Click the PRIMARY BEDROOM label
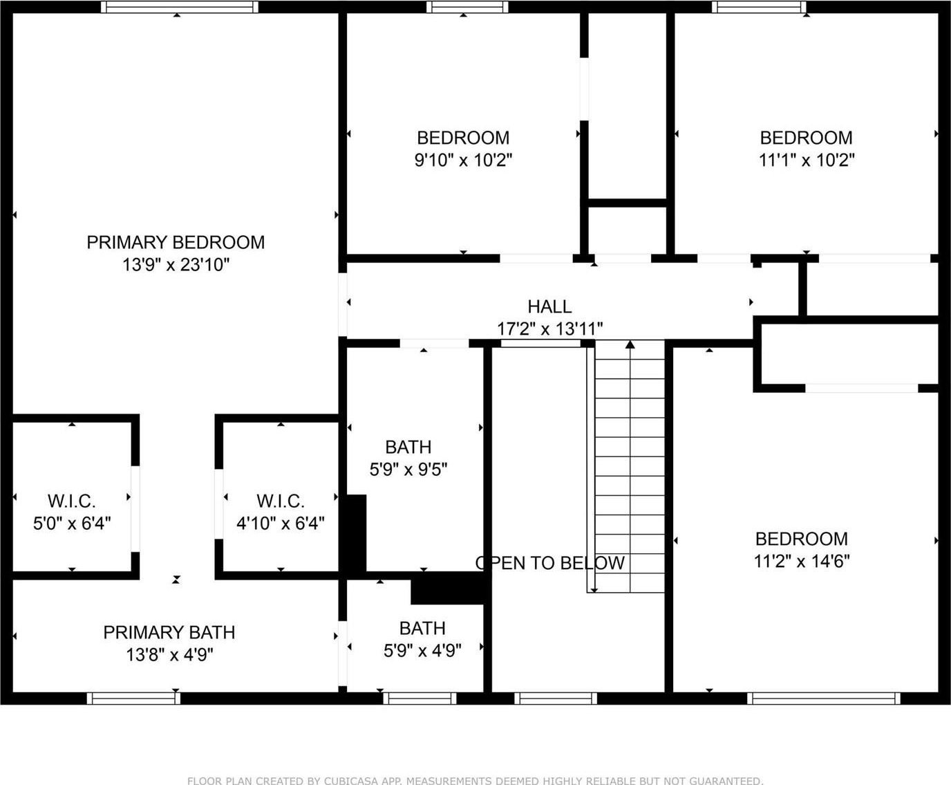pyautogui.click(x=176, y=243)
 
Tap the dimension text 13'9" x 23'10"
pyautogui.click(x=176, y=264)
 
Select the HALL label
pyautogui.click(x=549, y=307)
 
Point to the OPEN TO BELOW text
pyautogui.click(x=549, y=563)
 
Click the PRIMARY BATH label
pyautogui.click(x=169, y=633)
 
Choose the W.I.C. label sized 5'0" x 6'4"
pyautogui.click(x=72, y=501)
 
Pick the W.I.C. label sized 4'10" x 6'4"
pyautogui.click(x=281, y=501)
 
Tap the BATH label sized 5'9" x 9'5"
pyautogui.click(x=408, y=447)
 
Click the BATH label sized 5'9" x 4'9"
pyautogui.click(x=422, y=629)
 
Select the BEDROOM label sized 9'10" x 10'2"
pyautogui.click(x=463, y=138)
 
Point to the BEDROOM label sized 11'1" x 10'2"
pyautogui.click(x=806, y=138)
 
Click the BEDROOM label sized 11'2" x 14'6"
pyautogui.click(x=802, y=539)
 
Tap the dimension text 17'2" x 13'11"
pyautogui.click(x=549, y=329)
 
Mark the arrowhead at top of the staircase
pyautogui.click(x=630, y=344)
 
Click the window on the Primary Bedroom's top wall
pyautogui.click(x=180, y=7)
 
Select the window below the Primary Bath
pyautogui.click(x=133, y=699)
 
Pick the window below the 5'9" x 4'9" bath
pyautogui.click(x=420, y=699)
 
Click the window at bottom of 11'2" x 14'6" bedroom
pyautogui.click(x=823, y=699)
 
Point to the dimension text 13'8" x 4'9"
pyautogui.click(x=169, y=655)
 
